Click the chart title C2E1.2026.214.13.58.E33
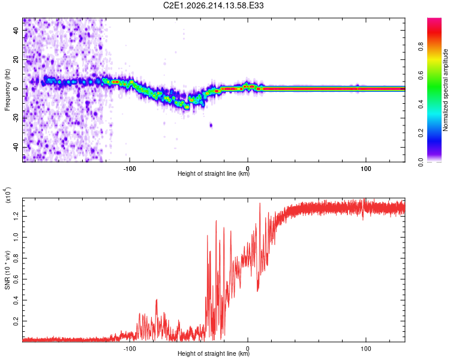(x=213, y=5)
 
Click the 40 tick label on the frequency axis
(x=16, y=31)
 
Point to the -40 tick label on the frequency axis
(x=16, y=148)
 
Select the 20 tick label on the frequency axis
(x=16, y=60)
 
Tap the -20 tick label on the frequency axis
(x=16, y=118)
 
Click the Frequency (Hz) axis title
(x=7, y=90)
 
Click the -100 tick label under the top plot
(x=130, y=169)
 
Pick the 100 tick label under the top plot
(x=366, y=169)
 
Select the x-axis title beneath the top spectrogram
(x=214, y=173)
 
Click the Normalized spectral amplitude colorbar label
(x=445, y=90)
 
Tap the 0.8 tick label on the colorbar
(x=421, y=47)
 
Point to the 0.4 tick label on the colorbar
(x=421, y=104)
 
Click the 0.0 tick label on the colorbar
(x=421, y=162)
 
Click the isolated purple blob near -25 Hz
(x=211, y=125)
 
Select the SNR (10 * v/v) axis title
(x=7, y=270)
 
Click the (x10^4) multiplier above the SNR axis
(x=7, y=195)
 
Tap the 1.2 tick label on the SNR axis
(x=16, y=216)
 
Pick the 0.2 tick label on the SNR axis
(x=16, y=321)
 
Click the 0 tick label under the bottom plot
(x=248, y=349)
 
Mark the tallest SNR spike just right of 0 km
(x=260, y=203)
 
